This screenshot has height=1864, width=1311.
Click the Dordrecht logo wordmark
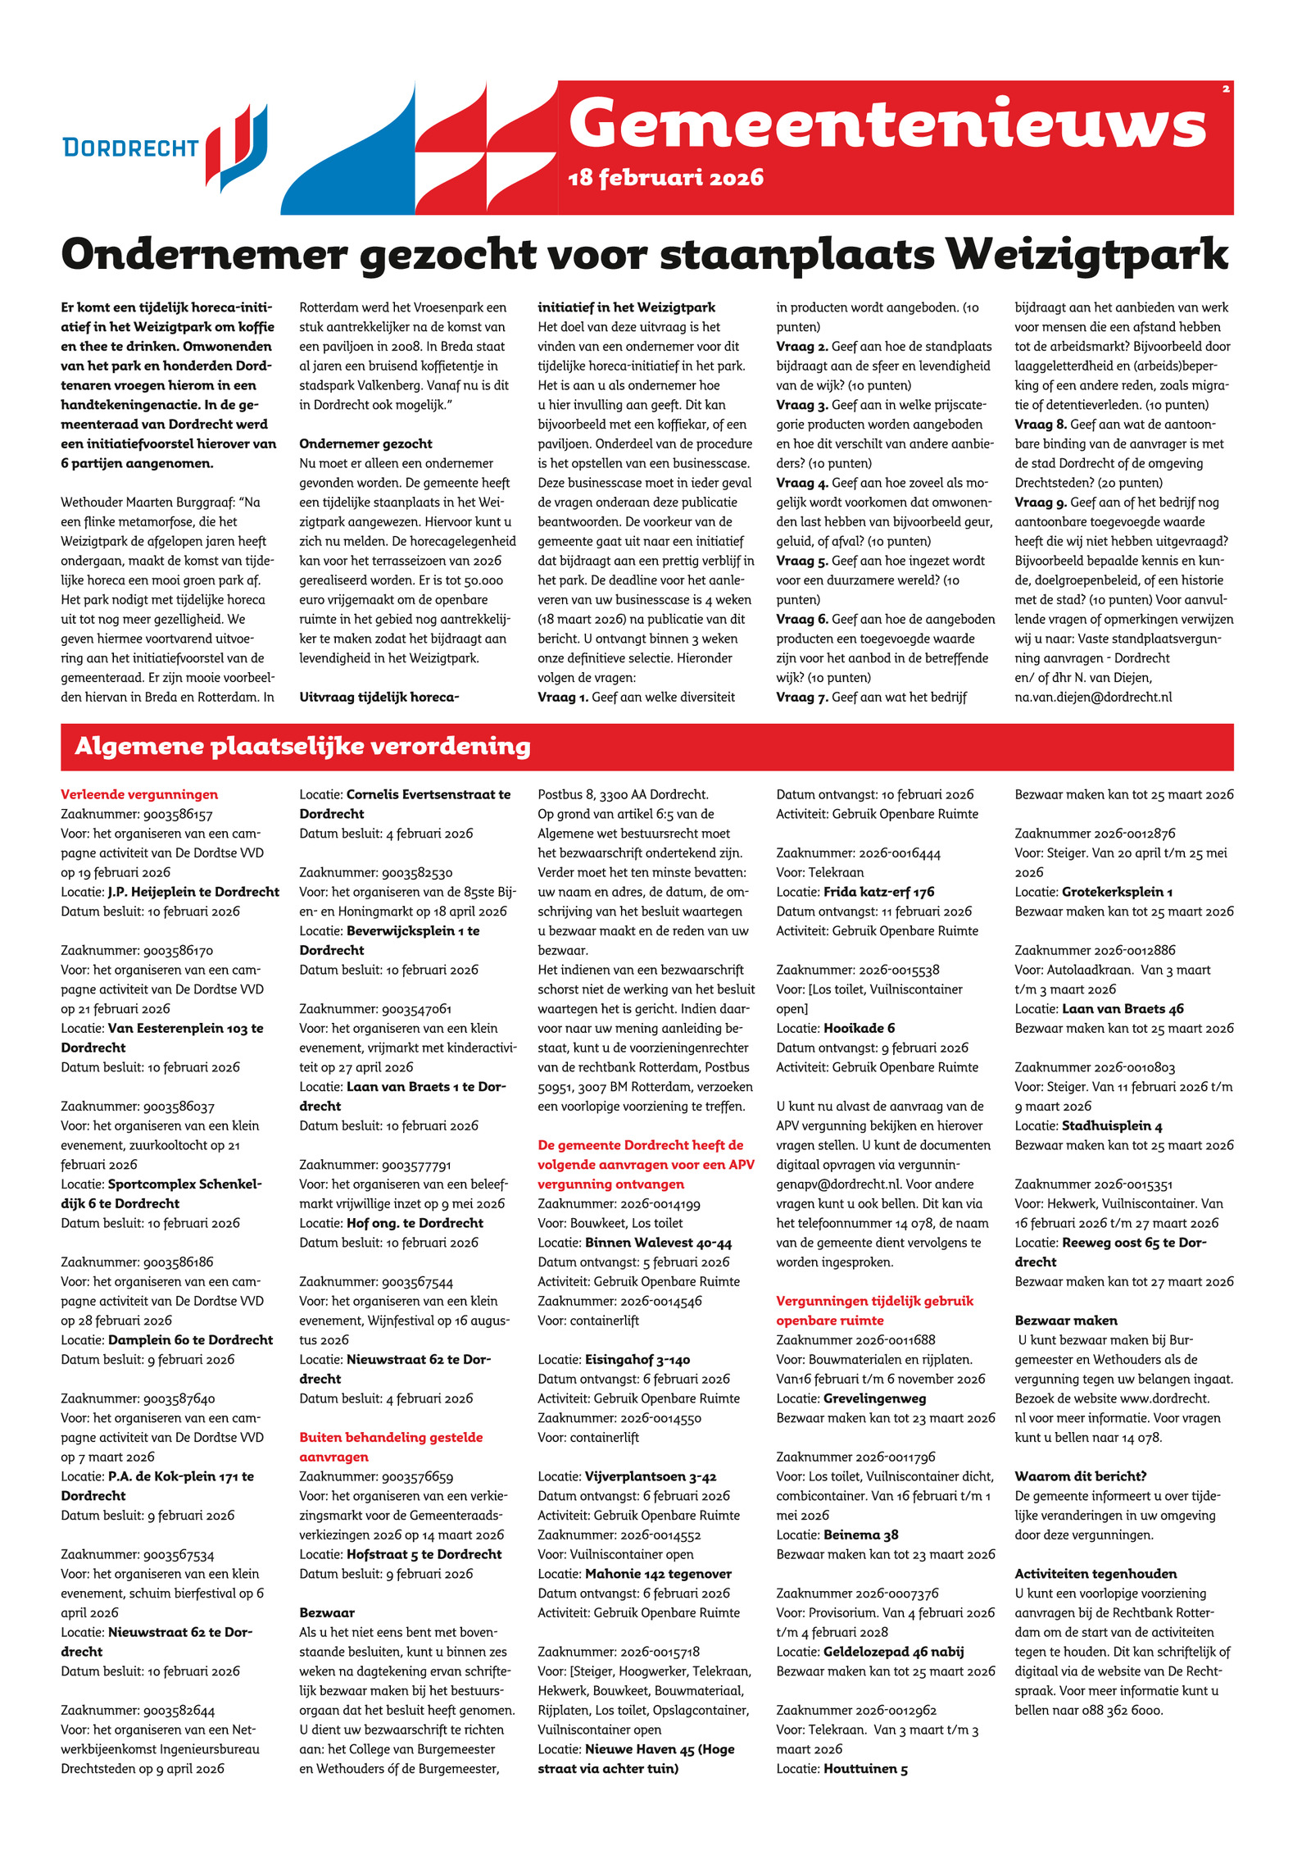point(130,148)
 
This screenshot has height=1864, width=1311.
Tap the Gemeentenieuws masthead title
point(887,124)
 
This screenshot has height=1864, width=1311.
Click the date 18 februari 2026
point(665,178)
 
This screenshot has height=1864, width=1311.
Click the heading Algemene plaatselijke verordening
point(302,746)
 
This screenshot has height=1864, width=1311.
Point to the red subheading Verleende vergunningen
point(139,794)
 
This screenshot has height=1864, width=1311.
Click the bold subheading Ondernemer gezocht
point(365,443)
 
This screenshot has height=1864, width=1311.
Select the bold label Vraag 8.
point(1041,424)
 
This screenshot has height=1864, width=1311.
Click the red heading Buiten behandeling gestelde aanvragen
point(391,1447)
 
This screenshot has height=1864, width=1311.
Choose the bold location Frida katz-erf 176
point(878,892)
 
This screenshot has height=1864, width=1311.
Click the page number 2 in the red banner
point(1226,89)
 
